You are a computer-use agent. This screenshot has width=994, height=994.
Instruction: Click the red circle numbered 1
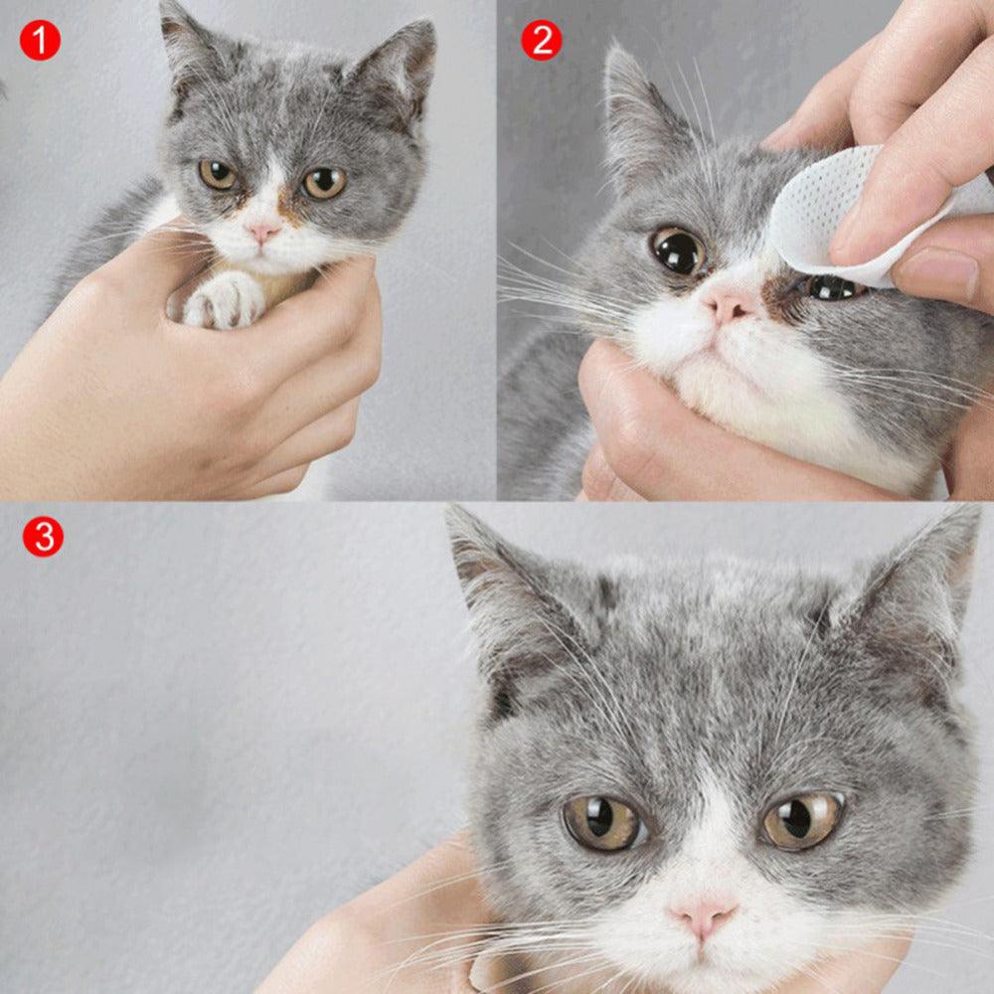pos(40,40)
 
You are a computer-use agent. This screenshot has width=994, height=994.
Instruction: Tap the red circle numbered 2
pos(541,40)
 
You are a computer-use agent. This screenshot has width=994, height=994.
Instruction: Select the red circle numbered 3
pos(43,536)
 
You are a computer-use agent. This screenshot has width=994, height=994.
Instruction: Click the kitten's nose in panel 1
pos(262,232)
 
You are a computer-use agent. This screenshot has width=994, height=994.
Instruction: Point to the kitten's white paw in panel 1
pos(225,300)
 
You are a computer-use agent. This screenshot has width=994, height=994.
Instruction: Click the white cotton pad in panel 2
pos(845,214)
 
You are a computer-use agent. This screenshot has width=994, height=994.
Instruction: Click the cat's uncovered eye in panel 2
pos(679,250)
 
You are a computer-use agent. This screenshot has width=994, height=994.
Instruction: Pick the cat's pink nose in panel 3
pos(704,915)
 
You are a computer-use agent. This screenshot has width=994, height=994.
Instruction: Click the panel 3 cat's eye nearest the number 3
pos(602,821)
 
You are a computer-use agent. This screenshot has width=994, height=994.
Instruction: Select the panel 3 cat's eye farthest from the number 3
pos(801,819)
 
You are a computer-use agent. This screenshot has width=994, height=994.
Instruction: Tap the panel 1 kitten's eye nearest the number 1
pos(217,175)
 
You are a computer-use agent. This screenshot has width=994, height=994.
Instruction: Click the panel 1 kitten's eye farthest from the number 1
pos(324,182)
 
